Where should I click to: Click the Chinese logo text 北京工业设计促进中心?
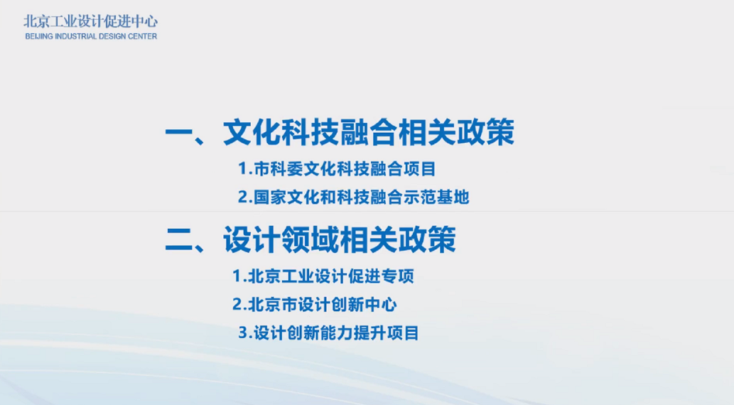point(91,21)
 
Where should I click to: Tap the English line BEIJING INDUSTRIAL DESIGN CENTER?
point(91,36)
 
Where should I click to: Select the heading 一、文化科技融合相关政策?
point(340,132)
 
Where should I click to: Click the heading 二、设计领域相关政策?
point(311,239)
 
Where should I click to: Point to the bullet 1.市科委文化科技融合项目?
point(337,169)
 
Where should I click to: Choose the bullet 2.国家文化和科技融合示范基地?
point(353,197)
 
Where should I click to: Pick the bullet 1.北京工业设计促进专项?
point(323,276)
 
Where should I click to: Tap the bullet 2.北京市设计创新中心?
point(315,305)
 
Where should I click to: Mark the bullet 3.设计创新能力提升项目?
point(328,333)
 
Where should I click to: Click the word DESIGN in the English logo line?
point(111,36)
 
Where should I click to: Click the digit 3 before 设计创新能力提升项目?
point(242,333)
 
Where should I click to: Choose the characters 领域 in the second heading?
point(310,239)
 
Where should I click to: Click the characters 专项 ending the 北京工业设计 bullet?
point(398,276)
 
